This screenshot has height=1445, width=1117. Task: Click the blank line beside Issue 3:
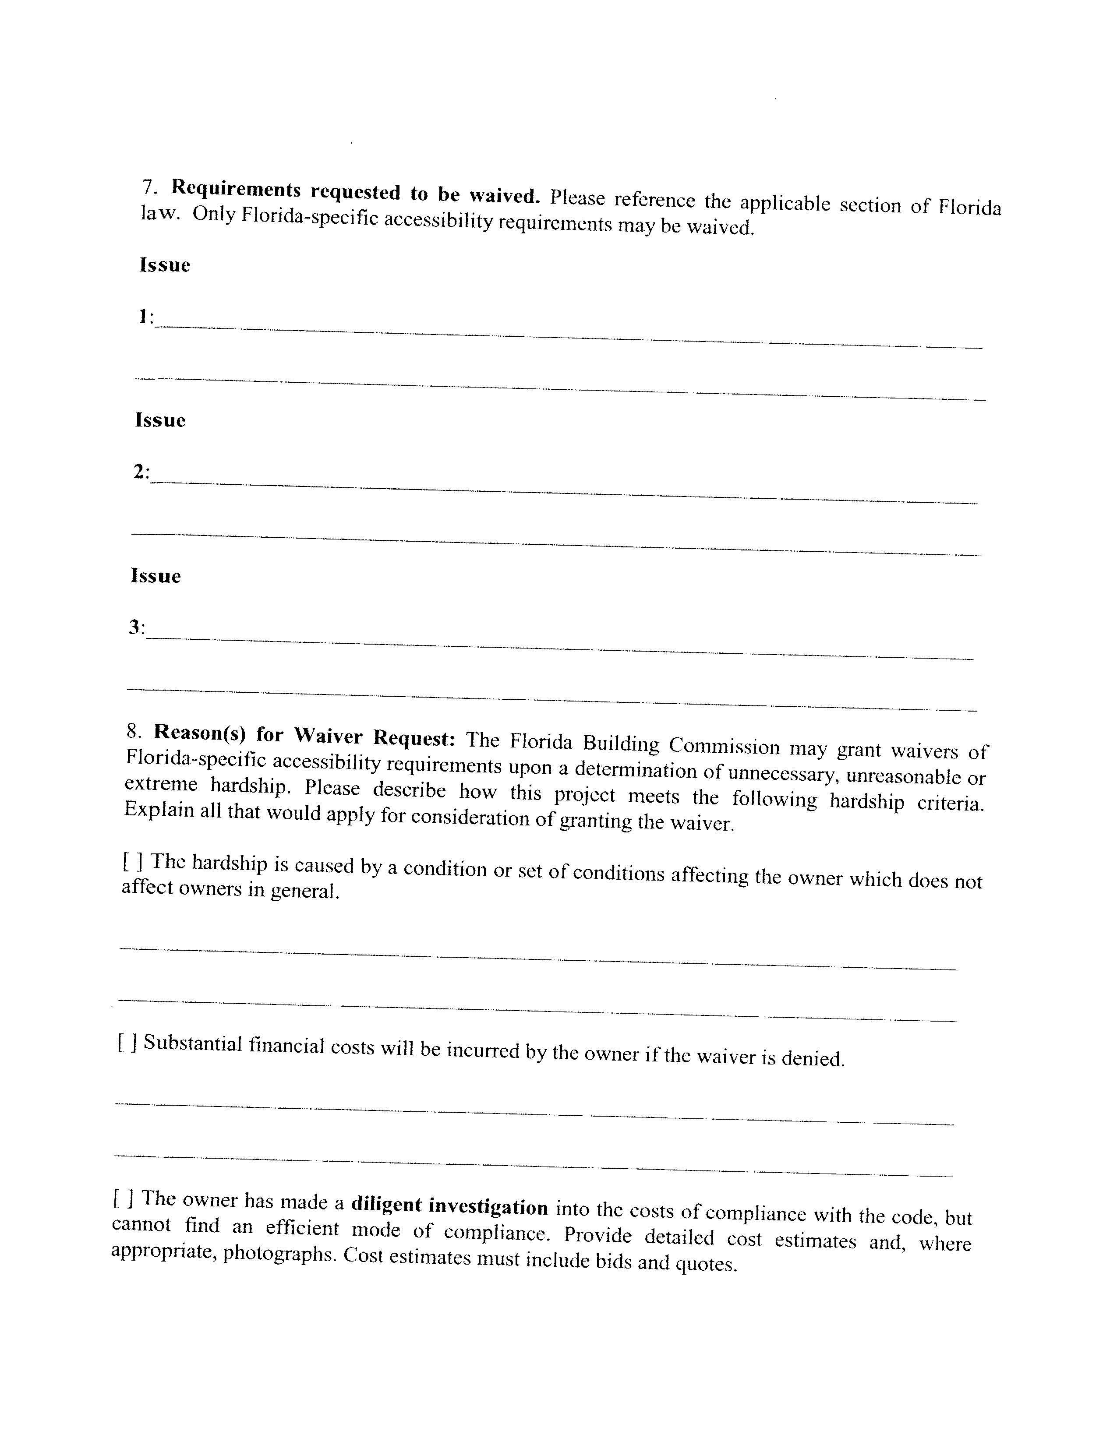[x=560, y=646]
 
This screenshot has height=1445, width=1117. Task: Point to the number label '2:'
[x=141, y=472]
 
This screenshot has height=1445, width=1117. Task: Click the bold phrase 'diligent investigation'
[x=449, y=1205]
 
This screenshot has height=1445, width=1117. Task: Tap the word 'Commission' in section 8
[x=724, y=746]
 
